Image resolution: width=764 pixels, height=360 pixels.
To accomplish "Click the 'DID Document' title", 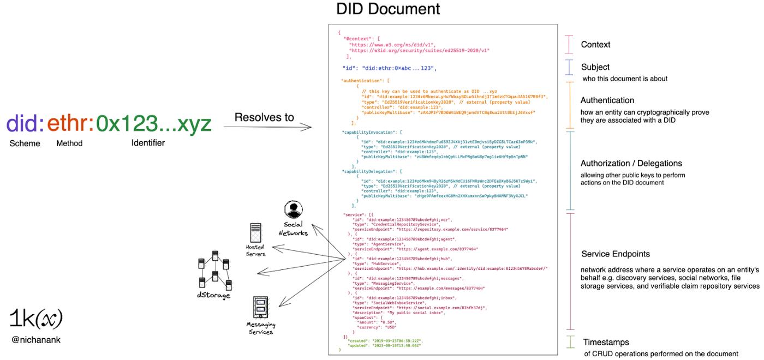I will pyautogui.click(x=387, y=9).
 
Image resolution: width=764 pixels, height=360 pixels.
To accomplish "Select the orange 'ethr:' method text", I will pyautogui.click(x=70, y=124).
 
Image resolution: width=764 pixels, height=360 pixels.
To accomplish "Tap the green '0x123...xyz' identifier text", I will pyautogui.click(x=153, y=124).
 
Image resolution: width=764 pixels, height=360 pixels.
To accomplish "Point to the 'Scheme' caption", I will pyautogui.click(x=25, y=143).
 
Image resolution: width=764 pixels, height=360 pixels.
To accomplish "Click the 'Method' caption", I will pyautogui.click(x=69, y=143).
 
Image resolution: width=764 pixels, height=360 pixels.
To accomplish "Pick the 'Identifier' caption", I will pyautogui.click(x=148, y=143).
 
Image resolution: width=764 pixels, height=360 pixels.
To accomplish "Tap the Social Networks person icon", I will pyautogui.click(x=293, y=209).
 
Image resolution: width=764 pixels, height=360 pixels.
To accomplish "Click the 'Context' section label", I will pyautogui.click(x=595, y=45).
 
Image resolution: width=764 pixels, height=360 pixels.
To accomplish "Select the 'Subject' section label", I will pyautogui.click(x=595, y=67).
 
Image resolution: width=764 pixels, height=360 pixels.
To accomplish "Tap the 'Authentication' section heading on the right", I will pyautogui.click(x=607, y=100).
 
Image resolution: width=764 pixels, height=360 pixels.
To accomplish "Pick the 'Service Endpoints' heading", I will pyautogui.click(x=615, y=254).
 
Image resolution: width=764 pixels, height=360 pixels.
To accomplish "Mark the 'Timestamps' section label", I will pyautogui.click(x=606, y=343).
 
